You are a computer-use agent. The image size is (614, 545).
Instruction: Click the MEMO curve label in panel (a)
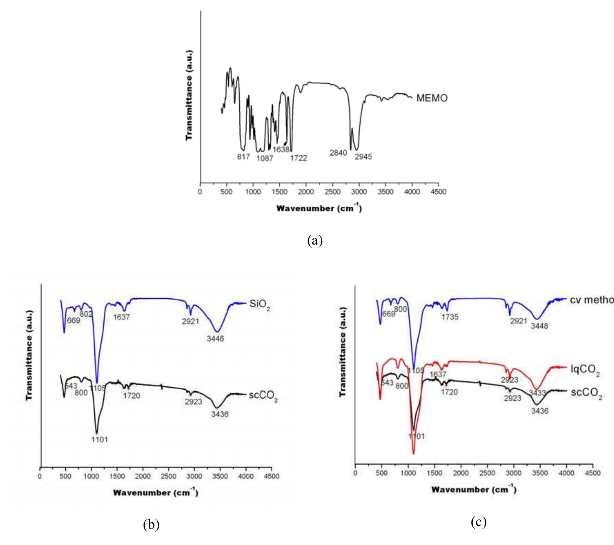click(432, 98)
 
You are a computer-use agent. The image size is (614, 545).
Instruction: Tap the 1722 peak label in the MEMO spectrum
click(298, 158)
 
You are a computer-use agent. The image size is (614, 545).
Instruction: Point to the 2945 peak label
click(363, 157)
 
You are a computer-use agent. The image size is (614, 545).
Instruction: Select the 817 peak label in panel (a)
click(243, 157)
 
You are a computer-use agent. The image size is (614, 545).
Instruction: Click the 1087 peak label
click(265, 158)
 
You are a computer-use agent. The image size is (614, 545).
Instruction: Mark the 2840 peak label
click(338, 153)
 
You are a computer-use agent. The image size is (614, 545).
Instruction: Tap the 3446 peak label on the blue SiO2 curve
click(215, 339)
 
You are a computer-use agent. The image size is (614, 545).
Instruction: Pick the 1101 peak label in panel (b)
click(99, 440)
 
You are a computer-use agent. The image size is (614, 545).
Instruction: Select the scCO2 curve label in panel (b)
click(263, 396)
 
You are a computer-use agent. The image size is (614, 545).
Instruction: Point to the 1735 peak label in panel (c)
click(450, 317)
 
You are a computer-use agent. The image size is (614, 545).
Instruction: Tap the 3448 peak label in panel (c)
click(539, 326)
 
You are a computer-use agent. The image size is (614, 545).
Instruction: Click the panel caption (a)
click(315, 240)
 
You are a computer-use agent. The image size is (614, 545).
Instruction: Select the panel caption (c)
click(479, 522)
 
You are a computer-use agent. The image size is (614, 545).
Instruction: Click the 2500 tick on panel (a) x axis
click(333, 192)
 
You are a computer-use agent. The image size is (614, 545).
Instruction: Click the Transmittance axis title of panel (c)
click(343, 351)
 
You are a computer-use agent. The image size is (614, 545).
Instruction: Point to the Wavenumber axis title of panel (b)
click(155, 493)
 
